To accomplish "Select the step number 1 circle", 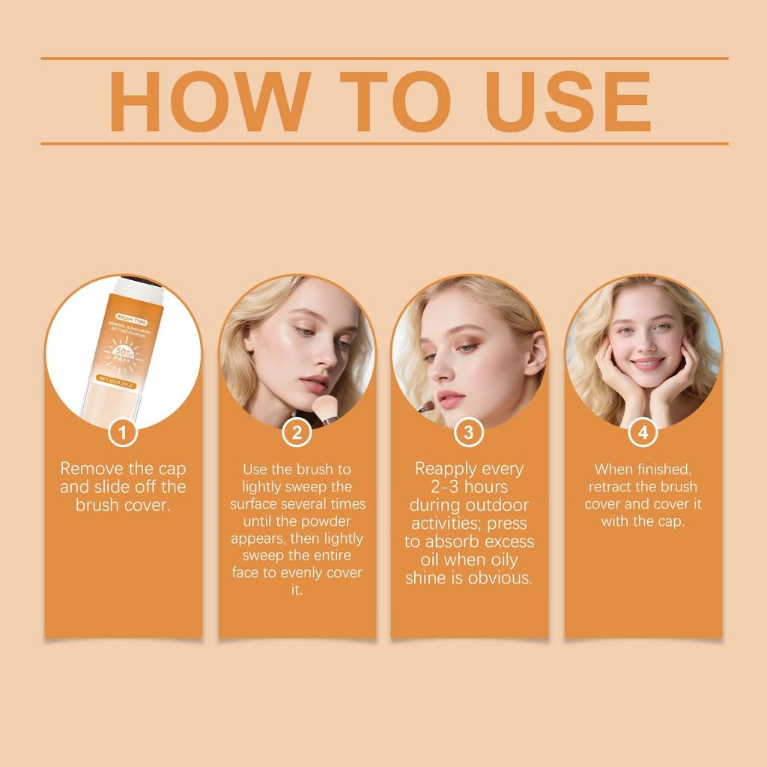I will [x=123, y=432].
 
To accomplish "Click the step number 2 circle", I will [x=297, y=432].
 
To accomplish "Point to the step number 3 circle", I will [x=469, y=432].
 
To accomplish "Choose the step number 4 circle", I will [x=643, y=432].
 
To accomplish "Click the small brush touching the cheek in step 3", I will [x=426, y=407].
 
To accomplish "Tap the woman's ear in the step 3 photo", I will [x=533, y=359].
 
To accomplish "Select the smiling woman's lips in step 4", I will [x=647, y=364].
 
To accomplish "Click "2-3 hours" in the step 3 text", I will [x=469, y=488].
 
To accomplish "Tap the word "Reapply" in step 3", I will [x=446, y=470].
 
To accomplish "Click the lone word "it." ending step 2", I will [x=297, y=590].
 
